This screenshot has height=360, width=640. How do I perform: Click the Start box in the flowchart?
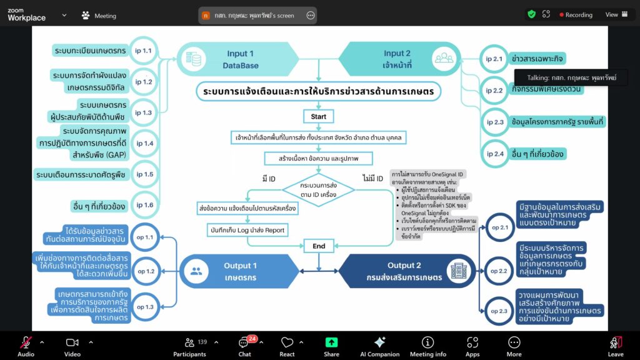(x=319, y=116)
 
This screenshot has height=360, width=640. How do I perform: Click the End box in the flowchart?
(x=319, y=246)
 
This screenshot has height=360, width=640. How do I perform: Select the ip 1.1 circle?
(x=143, y=50)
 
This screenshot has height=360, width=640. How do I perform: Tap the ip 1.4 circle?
(x=144, y=143)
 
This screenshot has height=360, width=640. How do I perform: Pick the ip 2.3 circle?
(x=494, y=122)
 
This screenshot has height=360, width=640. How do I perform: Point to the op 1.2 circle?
(x=145, y=271)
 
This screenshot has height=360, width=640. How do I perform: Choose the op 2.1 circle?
(x=499, y=227)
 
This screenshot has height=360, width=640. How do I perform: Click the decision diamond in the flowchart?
(x=319, y=190)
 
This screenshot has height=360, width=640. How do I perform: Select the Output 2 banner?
(x=406, y=271)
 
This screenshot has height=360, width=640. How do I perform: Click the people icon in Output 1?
(x=196, y=271)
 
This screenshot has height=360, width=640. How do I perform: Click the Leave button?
(x=616, y=346)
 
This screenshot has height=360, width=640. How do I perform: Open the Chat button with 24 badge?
(x=244, y=346)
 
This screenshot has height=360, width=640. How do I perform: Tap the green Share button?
(x=331, y=346)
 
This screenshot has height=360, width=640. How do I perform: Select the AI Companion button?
(x=379, y=346)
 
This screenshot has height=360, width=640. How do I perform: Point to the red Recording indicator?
(x=576, y=14)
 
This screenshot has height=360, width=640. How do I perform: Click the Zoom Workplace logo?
(x=26, y=14)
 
